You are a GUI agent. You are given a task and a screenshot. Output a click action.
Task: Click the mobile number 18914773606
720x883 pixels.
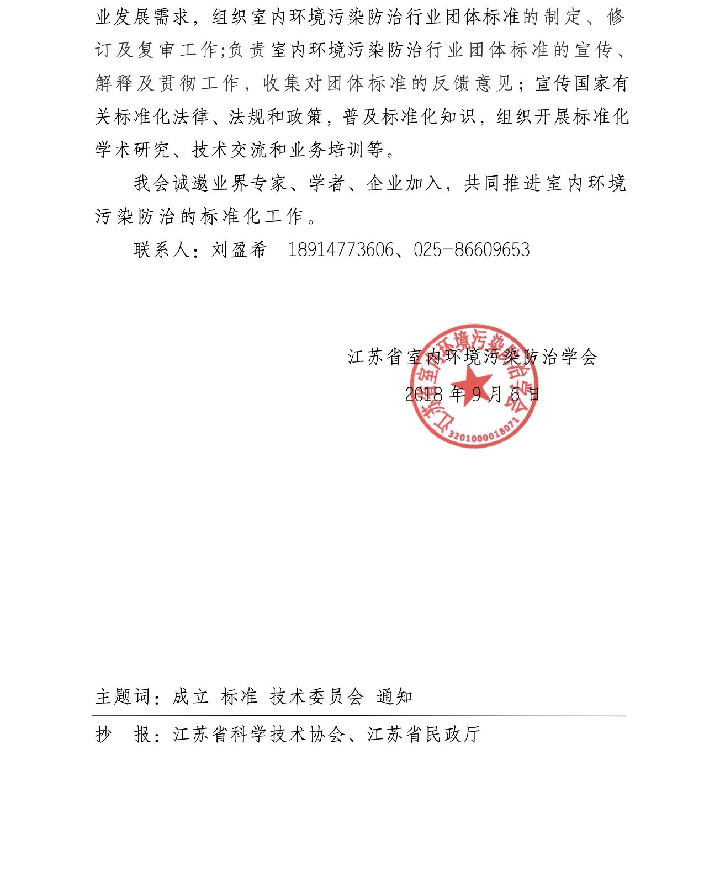pos(341,250)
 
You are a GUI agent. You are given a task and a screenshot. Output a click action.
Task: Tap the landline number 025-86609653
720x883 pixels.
pos(472,250)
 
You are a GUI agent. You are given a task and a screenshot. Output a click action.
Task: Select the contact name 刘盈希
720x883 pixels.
pos(239,250)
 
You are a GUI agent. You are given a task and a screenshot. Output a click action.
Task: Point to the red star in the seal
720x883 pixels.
pos(471,382)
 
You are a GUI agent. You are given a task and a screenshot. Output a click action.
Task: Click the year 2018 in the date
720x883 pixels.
pos(424,394)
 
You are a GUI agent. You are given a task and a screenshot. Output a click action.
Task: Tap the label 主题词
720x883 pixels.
pos(123,696)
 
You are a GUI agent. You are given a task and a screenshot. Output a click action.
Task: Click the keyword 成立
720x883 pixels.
pos(190,696)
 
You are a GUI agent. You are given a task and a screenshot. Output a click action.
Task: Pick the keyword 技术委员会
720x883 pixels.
pos(317,696)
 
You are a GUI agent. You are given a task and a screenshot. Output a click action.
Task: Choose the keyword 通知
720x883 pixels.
pos(395,696)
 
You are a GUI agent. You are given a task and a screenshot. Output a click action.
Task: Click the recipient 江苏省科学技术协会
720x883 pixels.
pos(259,734)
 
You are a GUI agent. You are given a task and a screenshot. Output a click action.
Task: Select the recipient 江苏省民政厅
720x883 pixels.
pos(424,734)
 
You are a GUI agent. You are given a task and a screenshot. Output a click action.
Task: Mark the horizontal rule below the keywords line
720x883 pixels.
pos(359,716)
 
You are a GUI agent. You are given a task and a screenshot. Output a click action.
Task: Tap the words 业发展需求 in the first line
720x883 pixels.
pos(142,17)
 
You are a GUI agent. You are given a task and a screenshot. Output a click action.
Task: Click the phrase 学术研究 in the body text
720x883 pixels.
pos(133,150)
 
